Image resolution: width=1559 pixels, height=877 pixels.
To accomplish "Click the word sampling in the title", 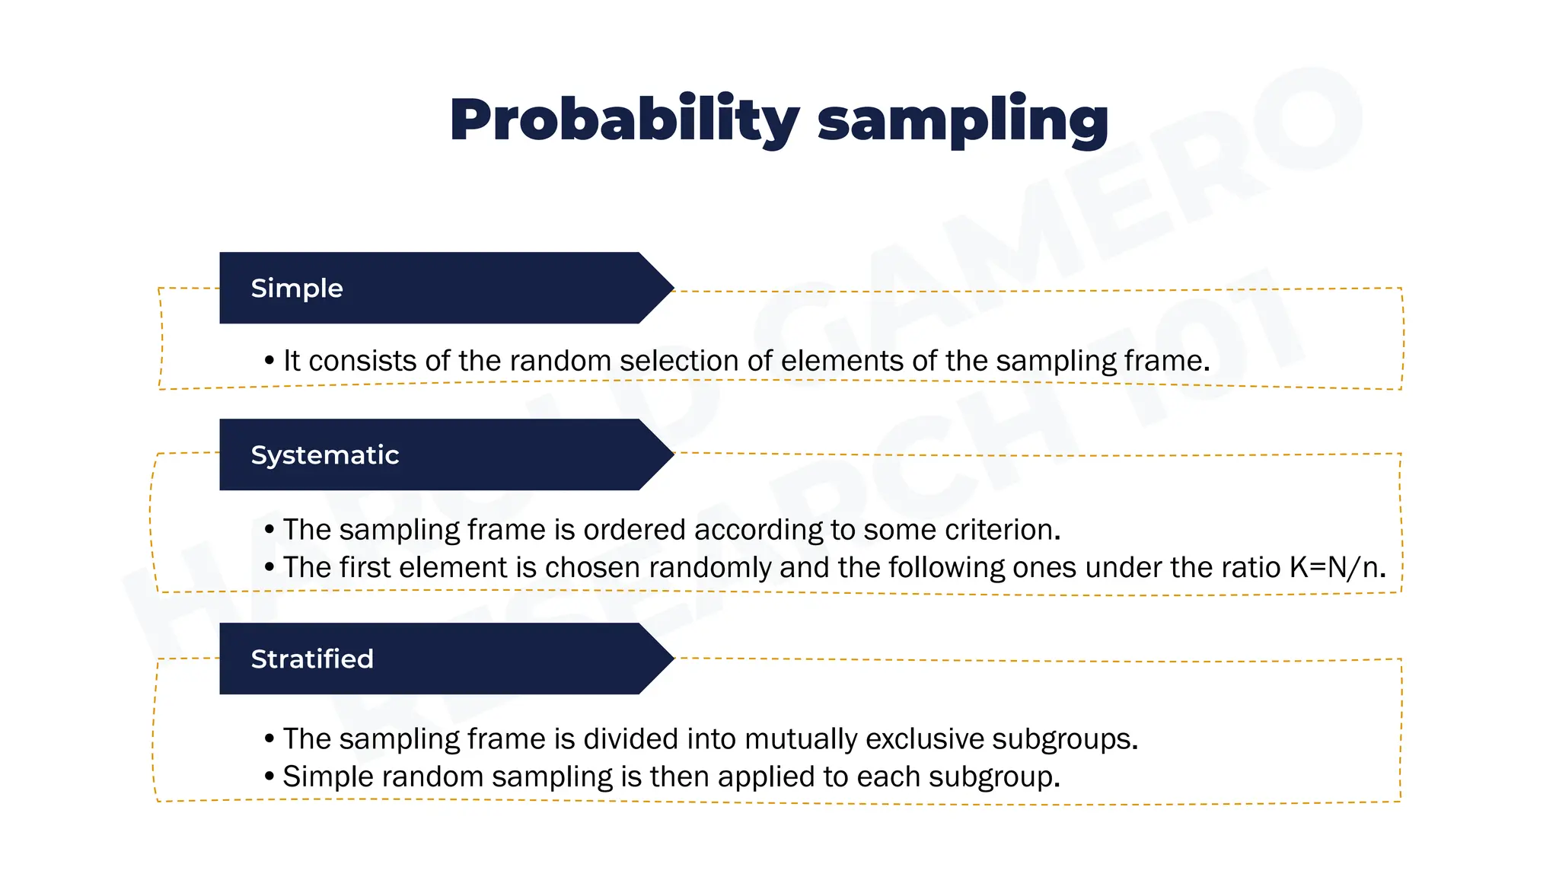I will (962, 120).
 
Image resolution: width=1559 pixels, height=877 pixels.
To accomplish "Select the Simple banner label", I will (297, 289).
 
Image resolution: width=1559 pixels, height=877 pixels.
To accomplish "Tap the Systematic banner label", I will (325, 455).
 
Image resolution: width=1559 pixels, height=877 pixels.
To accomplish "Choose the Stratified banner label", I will (312, 659).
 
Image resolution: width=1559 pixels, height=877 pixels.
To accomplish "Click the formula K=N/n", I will (1337, 568).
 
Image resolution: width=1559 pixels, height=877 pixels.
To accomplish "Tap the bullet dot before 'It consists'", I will (269, 361).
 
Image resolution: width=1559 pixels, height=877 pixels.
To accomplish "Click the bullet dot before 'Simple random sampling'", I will (269, 777).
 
